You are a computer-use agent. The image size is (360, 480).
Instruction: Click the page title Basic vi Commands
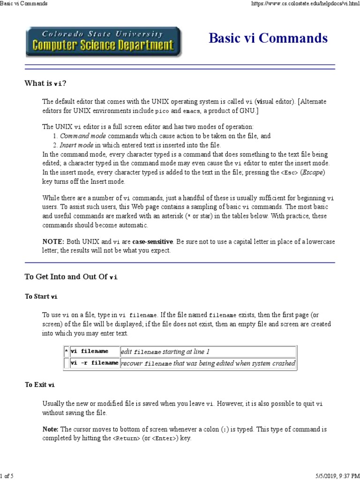pyautogui.click(x=268, y=38)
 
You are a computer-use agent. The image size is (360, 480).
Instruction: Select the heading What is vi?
pyautogui.click(x=45, y=83)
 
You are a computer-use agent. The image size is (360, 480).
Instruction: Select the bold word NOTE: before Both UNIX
pyautogui.click(x=53, y=241)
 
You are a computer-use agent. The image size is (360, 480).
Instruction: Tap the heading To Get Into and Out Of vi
pyautogui.click(x=71, y=277)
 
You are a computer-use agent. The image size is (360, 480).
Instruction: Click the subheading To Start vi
pyautogui.click(x=41, y=297)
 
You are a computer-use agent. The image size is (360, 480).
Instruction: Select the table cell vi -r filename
pyautogui.click(x=95, y=363)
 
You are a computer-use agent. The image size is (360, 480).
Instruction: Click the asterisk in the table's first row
pyautogui.click(x=66, y=352)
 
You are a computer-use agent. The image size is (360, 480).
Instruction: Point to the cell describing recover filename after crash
pyautogui.click(x=208, y=363)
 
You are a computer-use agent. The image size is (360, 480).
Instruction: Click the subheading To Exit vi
pyautogui.click(x=40, y=385)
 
